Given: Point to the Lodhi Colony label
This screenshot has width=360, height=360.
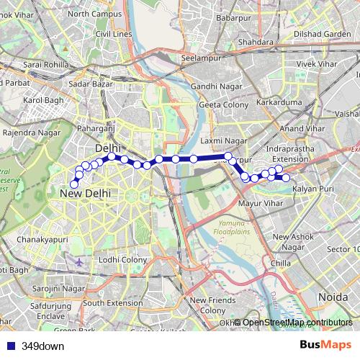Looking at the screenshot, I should click(x=123, y=259).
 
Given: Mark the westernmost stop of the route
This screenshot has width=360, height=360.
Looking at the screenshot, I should click(x=73, y=184).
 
